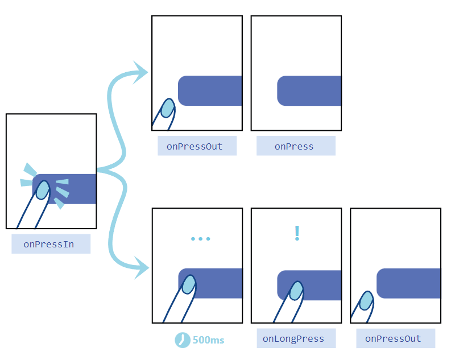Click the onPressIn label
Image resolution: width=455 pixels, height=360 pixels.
tap(51, 244)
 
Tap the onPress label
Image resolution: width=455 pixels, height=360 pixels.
tap(295, 146)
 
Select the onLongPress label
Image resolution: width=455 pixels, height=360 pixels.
tap(293, 339)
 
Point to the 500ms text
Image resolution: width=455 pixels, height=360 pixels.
tap(208, 340)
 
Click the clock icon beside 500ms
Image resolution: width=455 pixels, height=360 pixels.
tap(182, 340)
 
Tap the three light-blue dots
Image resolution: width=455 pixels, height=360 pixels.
tap(200, 238)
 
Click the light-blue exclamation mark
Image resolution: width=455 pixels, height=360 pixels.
tap(296, 233)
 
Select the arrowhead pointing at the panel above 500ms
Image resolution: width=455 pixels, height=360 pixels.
tap(142, 267)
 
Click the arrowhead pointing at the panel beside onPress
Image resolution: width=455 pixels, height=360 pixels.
tap(141, 72)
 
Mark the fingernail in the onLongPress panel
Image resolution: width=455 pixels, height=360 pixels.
tap(296, 291)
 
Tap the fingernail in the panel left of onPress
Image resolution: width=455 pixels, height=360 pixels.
tap(167, 108)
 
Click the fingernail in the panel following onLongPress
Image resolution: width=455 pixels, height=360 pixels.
tap(366, 300)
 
